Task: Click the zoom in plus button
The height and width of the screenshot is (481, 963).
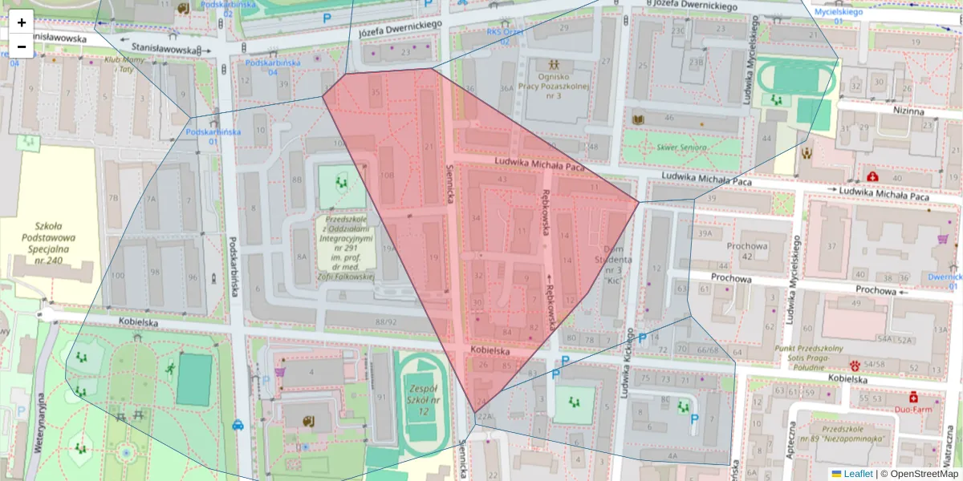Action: click(22, 22)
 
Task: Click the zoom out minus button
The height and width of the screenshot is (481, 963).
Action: click(22, 46)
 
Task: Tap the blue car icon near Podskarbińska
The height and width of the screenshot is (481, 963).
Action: click(238, 426)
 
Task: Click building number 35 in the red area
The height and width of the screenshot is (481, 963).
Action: click(375, 92)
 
